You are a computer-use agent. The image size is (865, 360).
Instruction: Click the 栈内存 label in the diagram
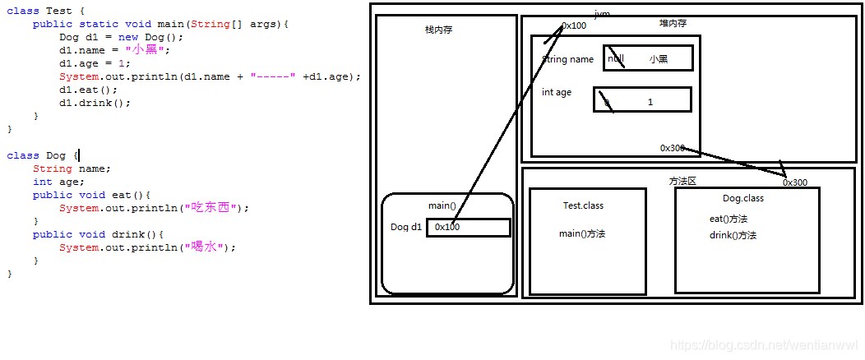[x=438, y=30]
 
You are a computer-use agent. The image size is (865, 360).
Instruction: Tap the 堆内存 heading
[x=673, y=23]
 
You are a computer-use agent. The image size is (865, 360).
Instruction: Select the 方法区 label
[x=682, y=181]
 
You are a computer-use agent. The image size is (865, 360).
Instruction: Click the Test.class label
[x=583, y=205]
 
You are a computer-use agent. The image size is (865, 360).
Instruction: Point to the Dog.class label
[x=742, y=198]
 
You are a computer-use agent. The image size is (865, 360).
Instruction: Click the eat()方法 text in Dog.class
[x=728, y=219]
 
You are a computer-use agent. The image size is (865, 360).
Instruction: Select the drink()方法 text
[x=733, y=235]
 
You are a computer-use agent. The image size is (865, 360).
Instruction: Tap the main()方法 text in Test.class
[x=582, y=234]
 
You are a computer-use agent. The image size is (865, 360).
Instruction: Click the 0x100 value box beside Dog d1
[x=468, y=227]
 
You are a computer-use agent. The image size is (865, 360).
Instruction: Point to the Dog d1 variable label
[x=406, y=227]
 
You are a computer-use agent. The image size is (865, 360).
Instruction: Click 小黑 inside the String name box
[x=658, y=59]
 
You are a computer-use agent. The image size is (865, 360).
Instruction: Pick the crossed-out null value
[x=616, y=59]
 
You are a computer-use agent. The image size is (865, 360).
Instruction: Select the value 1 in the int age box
[x=650, y=102]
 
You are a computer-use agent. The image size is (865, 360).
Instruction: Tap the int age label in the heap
[x=557, y=92]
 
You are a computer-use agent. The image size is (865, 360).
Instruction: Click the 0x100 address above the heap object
[x=574, y=25]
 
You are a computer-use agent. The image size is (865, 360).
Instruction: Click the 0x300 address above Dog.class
[x=794, y=182]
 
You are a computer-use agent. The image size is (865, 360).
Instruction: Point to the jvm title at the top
[x=602, y=14]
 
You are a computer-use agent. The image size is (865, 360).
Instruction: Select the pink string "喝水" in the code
[x=206, y=247]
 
